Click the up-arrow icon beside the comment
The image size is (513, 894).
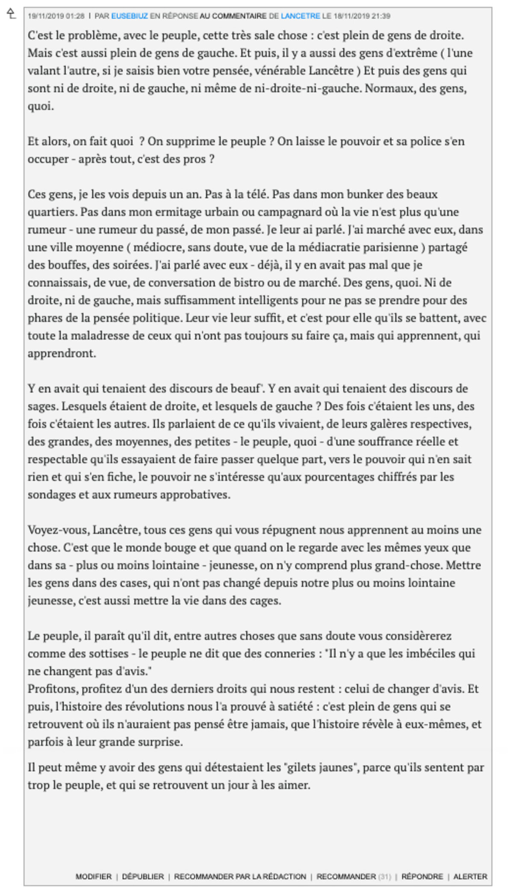click(x=12, y=14)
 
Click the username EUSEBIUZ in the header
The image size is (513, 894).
click(x=130, y=16)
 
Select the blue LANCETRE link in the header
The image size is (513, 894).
click(x=300, y=16)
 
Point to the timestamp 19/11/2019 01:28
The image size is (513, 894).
click(x=56, y=16)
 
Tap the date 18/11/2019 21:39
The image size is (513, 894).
click(x=362, y=16)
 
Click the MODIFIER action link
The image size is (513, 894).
click(x=93, y=876)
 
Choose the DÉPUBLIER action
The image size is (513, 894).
click(x=143, y=876)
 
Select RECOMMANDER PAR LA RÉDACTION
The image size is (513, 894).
click(x=240, y=876)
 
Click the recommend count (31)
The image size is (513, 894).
click(x=384, y=876)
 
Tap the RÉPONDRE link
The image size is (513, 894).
click(x=422, y=876)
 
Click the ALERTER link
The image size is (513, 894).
click(x=470, y=876)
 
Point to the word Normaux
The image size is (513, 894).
click(x=392, y=88)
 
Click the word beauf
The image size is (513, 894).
click(x=244, y=388)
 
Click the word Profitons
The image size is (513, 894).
click(x=53, y=689)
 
